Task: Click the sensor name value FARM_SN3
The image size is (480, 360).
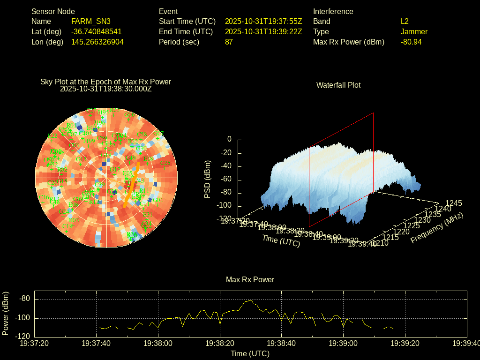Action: tap(91, 21)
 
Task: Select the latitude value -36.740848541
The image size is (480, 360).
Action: tap(97, 31)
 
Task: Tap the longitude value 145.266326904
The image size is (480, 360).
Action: tap(97, 42)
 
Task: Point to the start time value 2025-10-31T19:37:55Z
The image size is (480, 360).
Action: tap(263, 21)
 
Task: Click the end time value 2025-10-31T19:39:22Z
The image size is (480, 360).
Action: tap(263, 31)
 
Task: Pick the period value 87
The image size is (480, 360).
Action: tap(229, 42)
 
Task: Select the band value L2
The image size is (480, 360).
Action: tap(405, 21)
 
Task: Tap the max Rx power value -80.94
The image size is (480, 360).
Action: tap(411, 42)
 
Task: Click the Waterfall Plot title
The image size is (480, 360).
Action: tap(338, 85)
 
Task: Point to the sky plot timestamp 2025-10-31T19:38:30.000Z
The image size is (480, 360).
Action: tap(106, 89)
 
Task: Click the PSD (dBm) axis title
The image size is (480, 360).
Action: tap(208, 179)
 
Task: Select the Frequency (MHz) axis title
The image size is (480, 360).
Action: tap(437, 228)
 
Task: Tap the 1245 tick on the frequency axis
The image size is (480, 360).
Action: tap(454, 203)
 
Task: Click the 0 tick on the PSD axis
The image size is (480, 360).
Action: tap(229, 139)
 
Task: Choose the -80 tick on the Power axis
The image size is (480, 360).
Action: tap(25, 299)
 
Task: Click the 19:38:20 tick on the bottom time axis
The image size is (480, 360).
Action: tap(219, 343)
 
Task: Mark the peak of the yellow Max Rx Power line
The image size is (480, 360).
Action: tap(251, 300)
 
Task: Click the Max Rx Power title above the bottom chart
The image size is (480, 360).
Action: tap(250, 279)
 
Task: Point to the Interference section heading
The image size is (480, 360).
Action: tap(333, 11)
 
